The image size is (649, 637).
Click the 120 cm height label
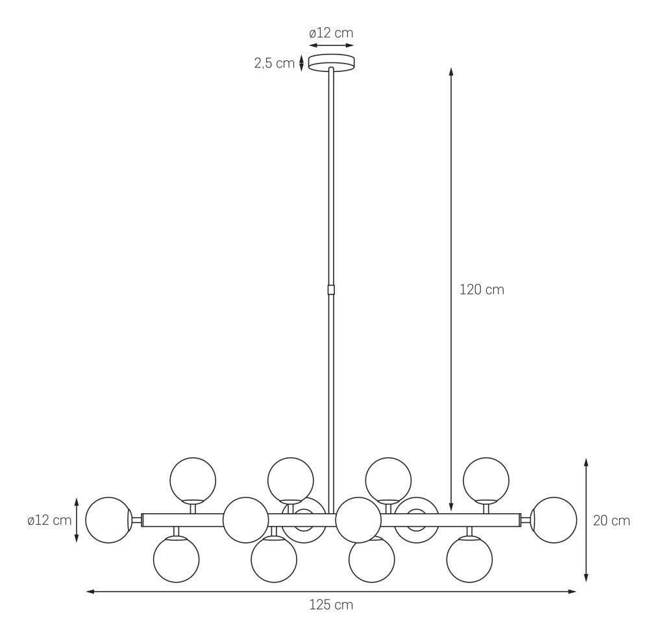coord(482,289)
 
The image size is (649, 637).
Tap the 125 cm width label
coord(331,605)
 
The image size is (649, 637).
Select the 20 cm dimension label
coord(612,520)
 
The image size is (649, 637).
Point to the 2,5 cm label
coord(275,64)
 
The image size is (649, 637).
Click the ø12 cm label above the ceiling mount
coord(331,32)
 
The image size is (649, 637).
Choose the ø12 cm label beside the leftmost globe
coord(50,520)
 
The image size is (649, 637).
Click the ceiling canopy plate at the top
coord(331,62)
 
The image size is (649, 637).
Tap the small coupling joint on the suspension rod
coord(331,289)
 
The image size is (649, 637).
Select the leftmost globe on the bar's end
coord(108,520)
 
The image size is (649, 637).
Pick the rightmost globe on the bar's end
coord(554,520)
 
